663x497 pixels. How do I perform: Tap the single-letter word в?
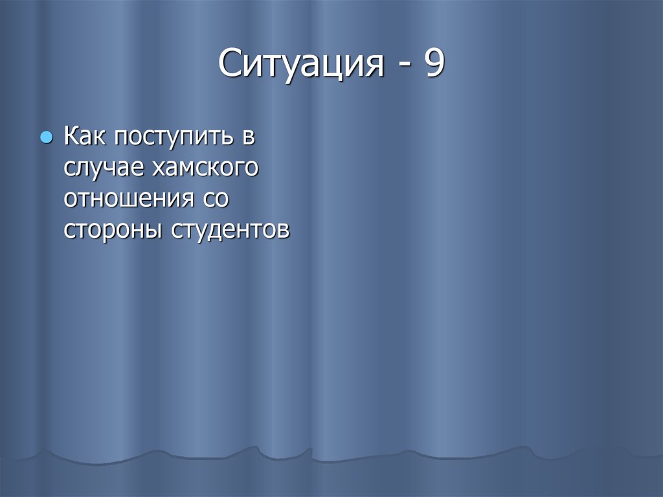[249, 139]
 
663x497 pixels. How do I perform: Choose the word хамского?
[205, 168]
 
